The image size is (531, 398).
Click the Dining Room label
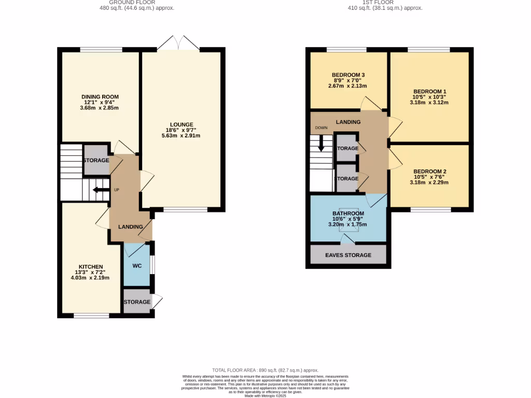coord(100,97)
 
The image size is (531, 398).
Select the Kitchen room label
coord(91,266)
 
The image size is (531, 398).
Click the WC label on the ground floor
coord(137,266)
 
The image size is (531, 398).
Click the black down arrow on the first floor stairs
coord(321,143)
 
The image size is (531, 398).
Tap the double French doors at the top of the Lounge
coord(178,44)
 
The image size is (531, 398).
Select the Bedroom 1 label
coord(429,91)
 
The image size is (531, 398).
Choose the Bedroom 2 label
coord(430,172)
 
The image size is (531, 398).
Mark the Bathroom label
coord(348,214)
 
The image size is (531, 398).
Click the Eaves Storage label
coord(348,255)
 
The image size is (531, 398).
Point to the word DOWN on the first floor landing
coord(321,127)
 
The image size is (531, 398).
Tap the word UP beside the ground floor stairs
coord(117,190)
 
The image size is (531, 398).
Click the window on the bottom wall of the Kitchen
coord(91,315)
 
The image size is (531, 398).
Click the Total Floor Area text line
coord(265,371)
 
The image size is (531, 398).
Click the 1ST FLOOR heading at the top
coord(385,2)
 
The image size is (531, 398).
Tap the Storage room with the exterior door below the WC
coord(137,302)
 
